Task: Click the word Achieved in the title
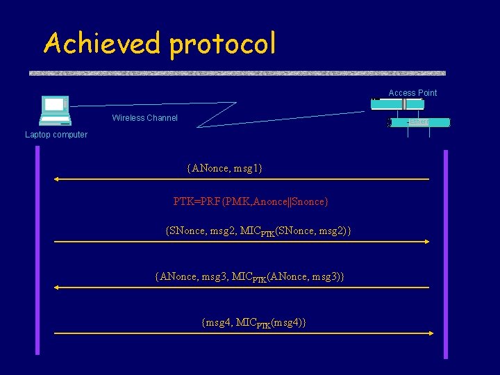[x=101, y=43]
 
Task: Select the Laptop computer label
[x=56, y=135]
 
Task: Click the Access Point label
[x=412, y=93]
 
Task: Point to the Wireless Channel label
[x=144, y=118]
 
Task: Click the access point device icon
[x=397, y=104]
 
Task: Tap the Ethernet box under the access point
[x=419, y=122]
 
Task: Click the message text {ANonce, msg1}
[x=224, y=168]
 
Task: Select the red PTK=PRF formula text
[x=251, y=201]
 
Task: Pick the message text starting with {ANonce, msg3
[x=249, y=276]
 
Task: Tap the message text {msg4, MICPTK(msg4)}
[x=253, y=322]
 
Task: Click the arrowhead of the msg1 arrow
[x=58, y=179]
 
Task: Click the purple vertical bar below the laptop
[x=37, y=250]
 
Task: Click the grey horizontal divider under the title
[x=237, y=73]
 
